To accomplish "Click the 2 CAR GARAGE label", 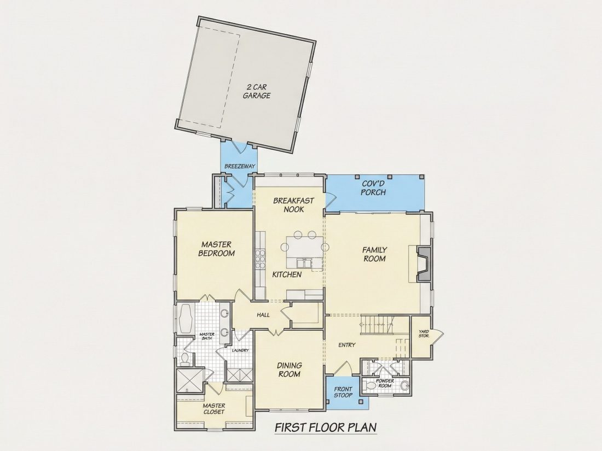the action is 257,91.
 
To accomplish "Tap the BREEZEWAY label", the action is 240,166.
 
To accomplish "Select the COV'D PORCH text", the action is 373,188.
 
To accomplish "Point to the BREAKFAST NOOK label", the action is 293,205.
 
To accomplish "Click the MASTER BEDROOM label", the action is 217,249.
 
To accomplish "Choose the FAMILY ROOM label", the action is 374,254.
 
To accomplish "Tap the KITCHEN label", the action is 287,274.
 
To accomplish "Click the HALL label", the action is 263,315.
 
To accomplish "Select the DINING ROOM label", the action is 289,370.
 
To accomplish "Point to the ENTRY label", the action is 346,345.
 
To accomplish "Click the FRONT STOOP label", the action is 343,392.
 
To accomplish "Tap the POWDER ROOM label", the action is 385,383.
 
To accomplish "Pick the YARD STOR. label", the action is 424,333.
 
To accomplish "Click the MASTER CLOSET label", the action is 214,409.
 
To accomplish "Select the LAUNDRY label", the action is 240,350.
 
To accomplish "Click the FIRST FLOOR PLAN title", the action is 326,427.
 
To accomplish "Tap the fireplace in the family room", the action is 424,264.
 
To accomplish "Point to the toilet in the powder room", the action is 369,385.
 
